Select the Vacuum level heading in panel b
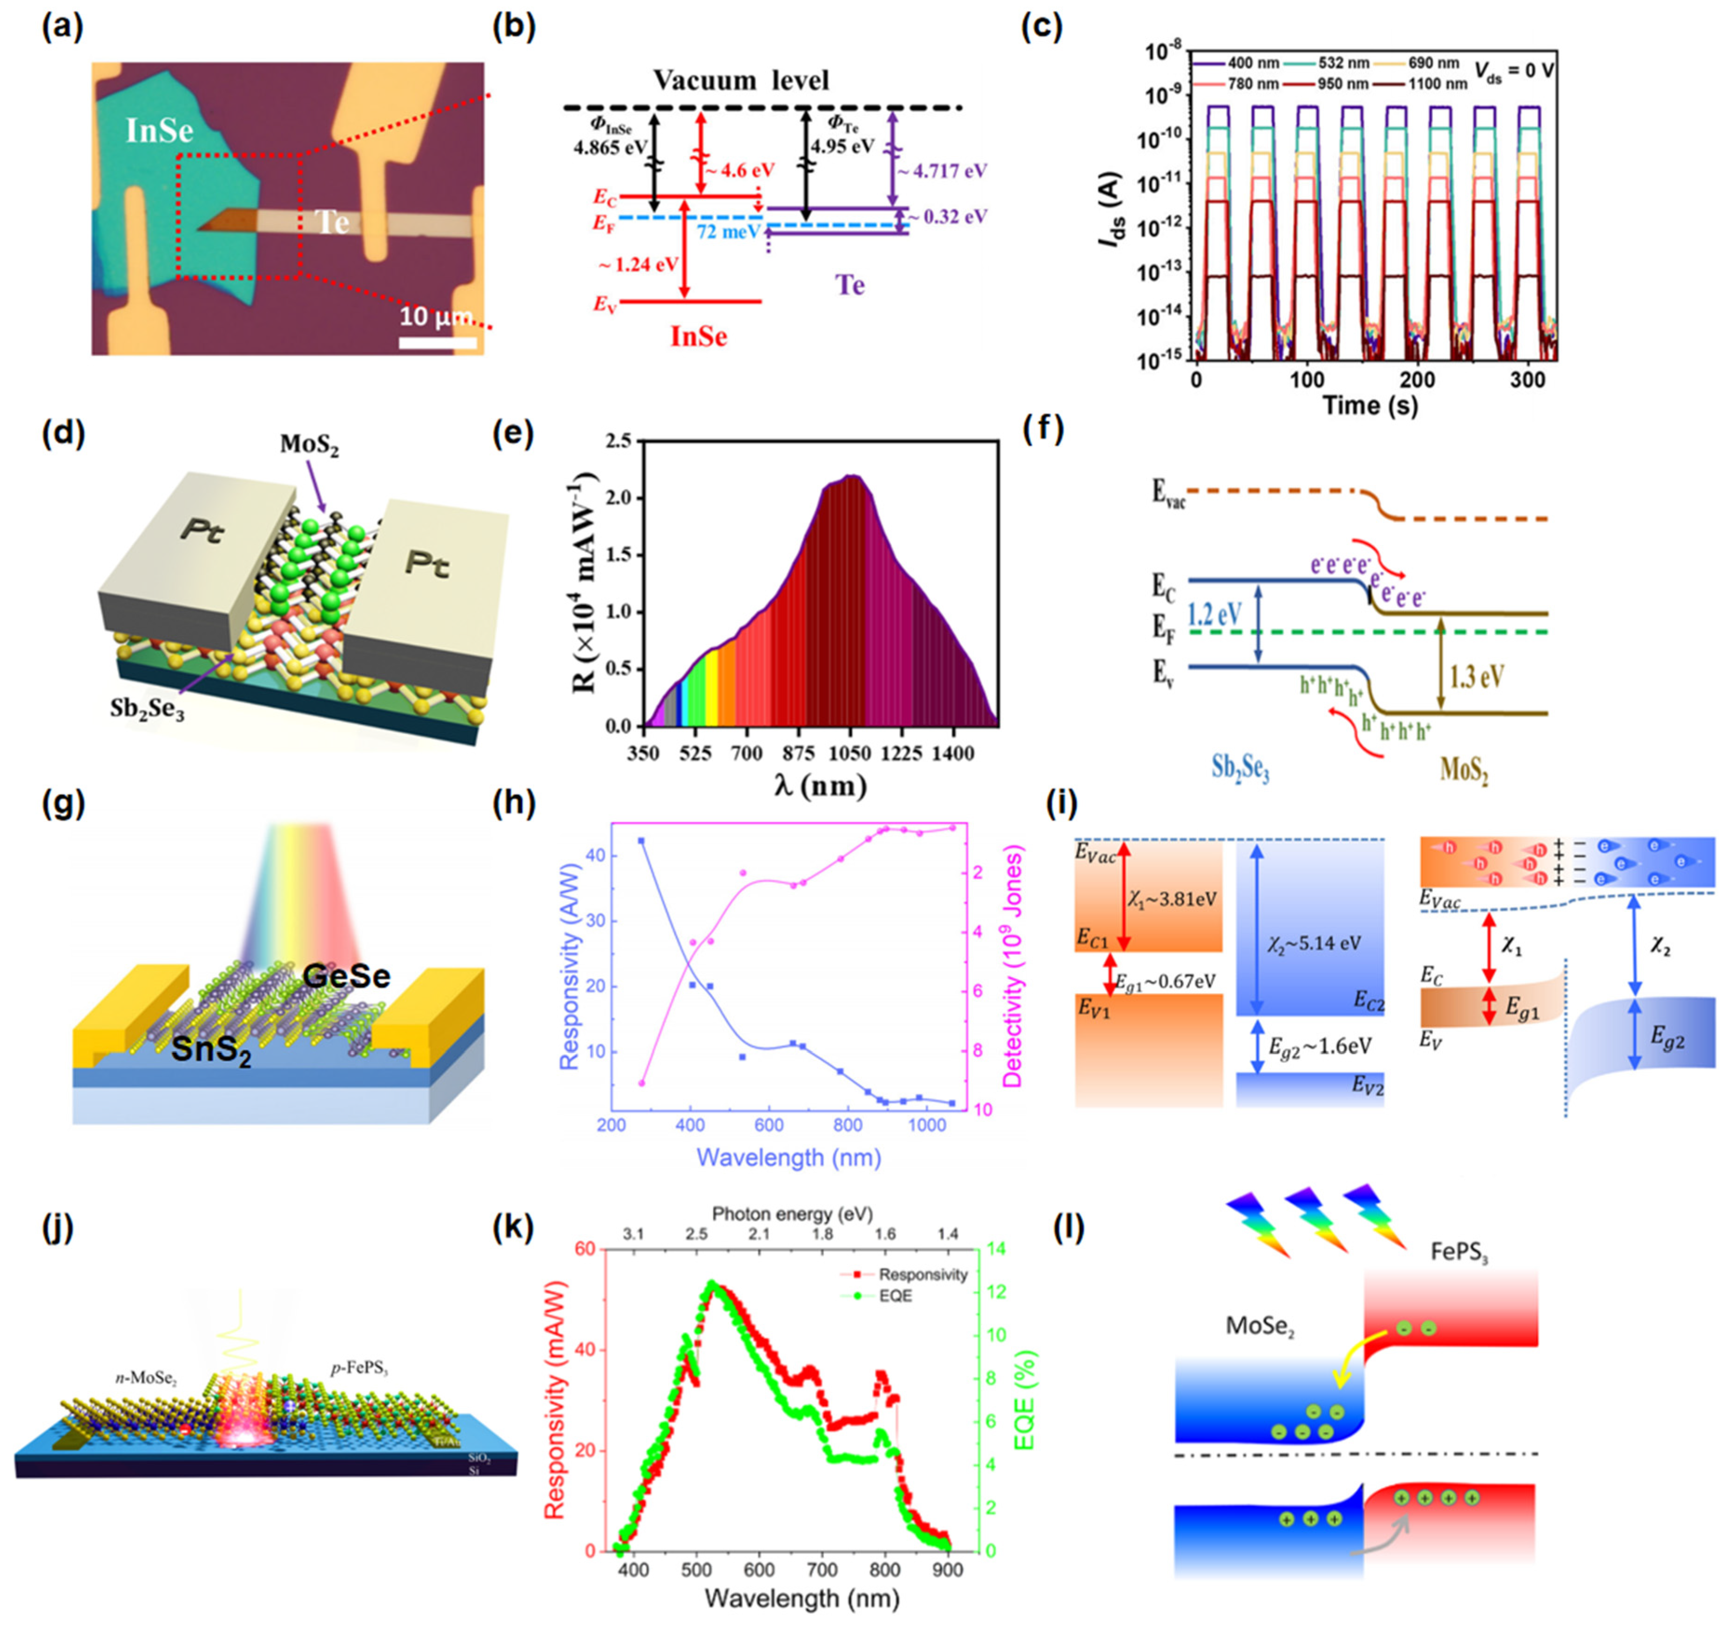point(741,81)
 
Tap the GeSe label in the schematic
point(346,976)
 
